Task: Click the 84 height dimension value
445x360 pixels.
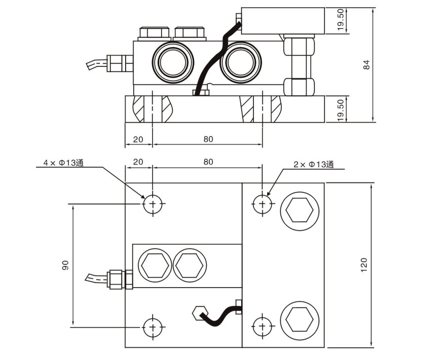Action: (x=367, y=64)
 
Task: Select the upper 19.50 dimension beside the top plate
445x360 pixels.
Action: (x=341, y=20)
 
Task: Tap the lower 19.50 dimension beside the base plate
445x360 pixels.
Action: (x=341, y=109)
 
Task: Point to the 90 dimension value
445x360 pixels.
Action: (x=65, y=265)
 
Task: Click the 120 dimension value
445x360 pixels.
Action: (x=364, y=264)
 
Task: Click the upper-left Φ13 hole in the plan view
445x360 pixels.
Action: (x=153, y=205)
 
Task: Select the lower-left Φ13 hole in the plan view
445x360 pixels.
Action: (x=153, y=327)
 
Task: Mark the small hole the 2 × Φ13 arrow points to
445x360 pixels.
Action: (x=262, y=204)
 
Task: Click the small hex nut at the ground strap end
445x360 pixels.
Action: (x=198, y=313)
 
